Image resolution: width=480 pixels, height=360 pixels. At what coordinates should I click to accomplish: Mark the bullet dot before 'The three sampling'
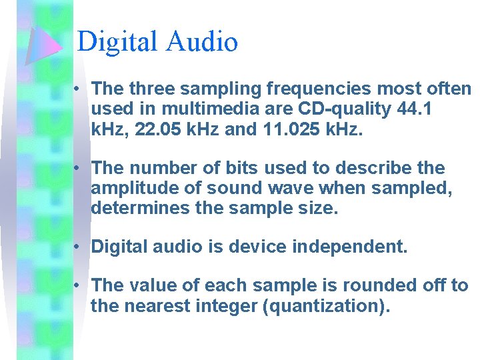click(x=78, y=89)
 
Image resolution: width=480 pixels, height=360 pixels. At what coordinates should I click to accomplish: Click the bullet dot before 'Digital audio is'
click(x=78, y=247)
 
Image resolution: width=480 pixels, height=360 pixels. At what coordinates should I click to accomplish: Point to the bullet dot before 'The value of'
click(x=78, y=286)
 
